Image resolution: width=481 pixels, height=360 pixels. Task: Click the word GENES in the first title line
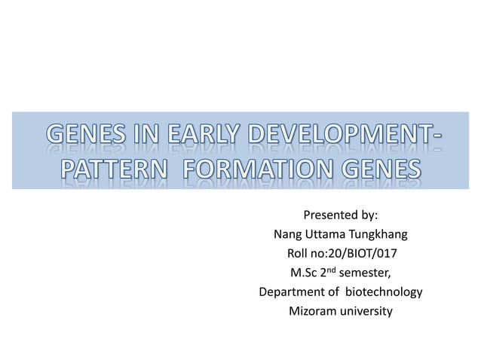[x=84, y=138]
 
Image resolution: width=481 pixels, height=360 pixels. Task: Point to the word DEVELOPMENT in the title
[x=340, y=138]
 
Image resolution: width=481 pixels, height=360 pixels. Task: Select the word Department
[x=292, y=291]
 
